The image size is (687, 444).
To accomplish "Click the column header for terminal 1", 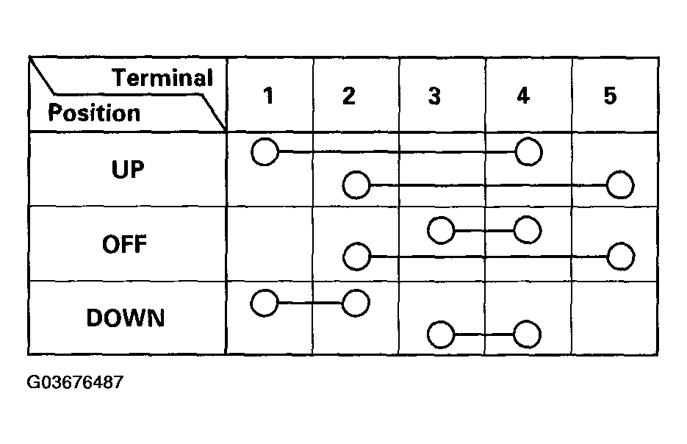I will tap(269, 96).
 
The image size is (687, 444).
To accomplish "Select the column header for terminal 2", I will tap(349, 96).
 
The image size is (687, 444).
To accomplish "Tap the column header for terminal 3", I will tap(434, 96).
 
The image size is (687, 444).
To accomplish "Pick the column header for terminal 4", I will tap(522, 96).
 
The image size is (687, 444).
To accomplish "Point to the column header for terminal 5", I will tap(610, 96).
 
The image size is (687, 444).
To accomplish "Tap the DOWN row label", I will tap(126, 318).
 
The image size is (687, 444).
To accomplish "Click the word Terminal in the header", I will tap(162, 79).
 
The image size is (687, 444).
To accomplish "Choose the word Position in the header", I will tap(94, 113).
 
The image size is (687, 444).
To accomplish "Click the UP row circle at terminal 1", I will tap(265, 152).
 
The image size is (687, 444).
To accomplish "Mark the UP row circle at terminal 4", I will tap(528, 152).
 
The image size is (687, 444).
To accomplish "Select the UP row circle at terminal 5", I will tap(620, 185).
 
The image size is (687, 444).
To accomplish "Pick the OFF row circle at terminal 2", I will tap(356, 257).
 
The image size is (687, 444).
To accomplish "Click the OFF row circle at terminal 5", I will tap(621, 257).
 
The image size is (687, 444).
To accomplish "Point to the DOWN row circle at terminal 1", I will tap(265, 303).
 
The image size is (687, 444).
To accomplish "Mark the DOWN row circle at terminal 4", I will tap(528, 335).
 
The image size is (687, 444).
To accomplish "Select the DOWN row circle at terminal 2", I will tap(356, 303).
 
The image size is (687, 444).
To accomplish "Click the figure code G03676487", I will tap(76, 383).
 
